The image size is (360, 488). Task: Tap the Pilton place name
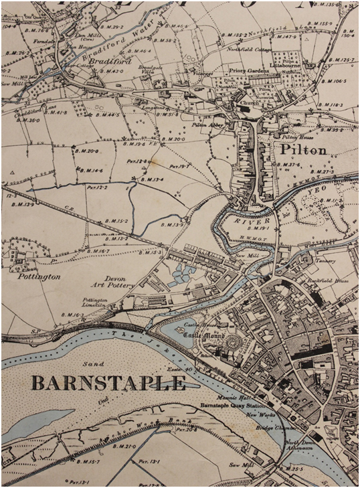pos(304,150)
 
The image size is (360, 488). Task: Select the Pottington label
pos(39,276)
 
